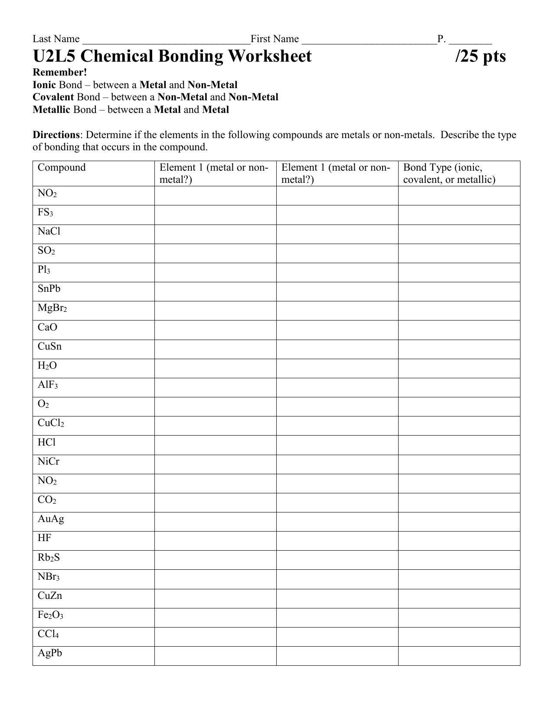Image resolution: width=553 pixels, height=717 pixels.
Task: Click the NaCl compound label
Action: coord(49,231)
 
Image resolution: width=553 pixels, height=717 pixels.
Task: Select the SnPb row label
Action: coord(49,289)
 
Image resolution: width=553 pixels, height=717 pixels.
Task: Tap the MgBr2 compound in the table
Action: coord(52,308)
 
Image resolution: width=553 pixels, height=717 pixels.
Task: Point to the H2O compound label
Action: coord(47,366)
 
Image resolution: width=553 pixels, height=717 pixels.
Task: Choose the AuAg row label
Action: coord(51,519)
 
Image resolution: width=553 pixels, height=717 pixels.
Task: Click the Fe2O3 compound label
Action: coord(50,615)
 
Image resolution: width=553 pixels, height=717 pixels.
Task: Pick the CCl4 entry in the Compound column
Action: coord(48,634)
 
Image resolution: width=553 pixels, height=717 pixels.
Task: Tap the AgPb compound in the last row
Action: coord(50,653)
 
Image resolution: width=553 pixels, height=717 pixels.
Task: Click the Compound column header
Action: coord(62,168)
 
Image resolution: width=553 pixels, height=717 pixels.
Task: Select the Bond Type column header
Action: coord(449,173)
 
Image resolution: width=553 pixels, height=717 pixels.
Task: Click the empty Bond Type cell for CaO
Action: coord(459,330)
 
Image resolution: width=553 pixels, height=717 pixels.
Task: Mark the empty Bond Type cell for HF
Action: coord(459,541)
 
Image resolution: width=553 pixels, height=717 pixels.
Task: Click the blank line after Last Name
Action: coord(166,40)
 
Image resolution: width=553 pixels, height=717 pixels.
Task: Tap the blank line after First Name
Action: coord(369,40)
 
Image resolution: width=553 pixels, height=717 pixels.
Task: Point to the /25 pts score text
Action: coord(481,56)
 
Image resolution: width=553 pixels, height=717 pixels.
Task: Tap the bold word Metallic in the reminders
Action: coord(52,109)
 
